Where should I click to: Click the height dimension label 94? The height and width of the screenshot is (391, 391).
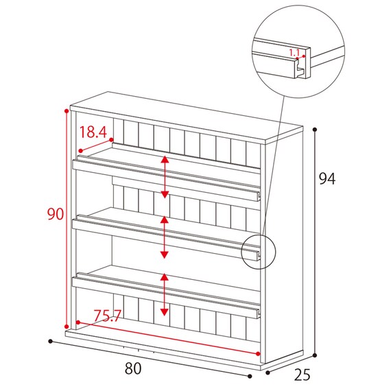[327, 178]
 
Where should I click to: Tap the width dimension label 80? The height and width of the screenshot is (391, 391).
[133, 368]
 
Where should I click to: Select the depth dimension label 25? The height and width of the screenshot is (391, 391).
[302, 375]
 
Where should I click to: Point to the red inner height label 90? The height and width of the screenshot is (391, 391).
[56, 214]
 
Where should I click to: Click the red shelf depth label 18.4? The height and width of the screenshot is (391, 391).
[93, 132]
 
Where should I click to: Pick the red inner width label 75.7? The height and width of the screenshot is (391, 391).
[107, 316]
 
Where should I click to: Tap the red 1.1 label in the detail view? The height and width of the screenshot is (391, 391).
[294, 53]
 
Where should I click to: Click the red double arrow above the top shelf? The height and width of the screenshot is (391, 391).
[165, 177]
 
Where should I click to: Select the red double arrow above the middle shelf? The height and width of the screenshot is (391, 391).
[164, 237]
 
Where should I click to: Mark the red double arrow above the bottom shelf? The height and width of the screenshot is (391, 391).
[164, 294]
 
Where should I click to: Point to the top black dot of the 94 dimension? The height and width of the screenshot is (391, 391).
[315, 130]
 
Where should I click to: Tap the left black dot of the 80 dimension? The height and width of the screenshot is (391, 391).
[51, 341]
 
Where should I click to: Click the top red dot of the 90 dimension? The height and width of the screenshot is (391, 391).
[67, 110]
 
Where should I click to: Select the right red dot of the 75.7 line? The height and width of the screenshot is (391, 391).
[258, 353]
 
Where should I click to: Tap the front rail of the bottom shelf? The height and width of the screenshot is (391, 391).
[166, 298]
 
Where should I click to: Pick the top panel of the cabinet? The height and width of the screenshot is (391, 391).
[187, 118]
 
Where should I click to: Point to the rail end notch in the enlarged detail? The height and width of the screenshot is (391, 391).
[300, 69]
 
